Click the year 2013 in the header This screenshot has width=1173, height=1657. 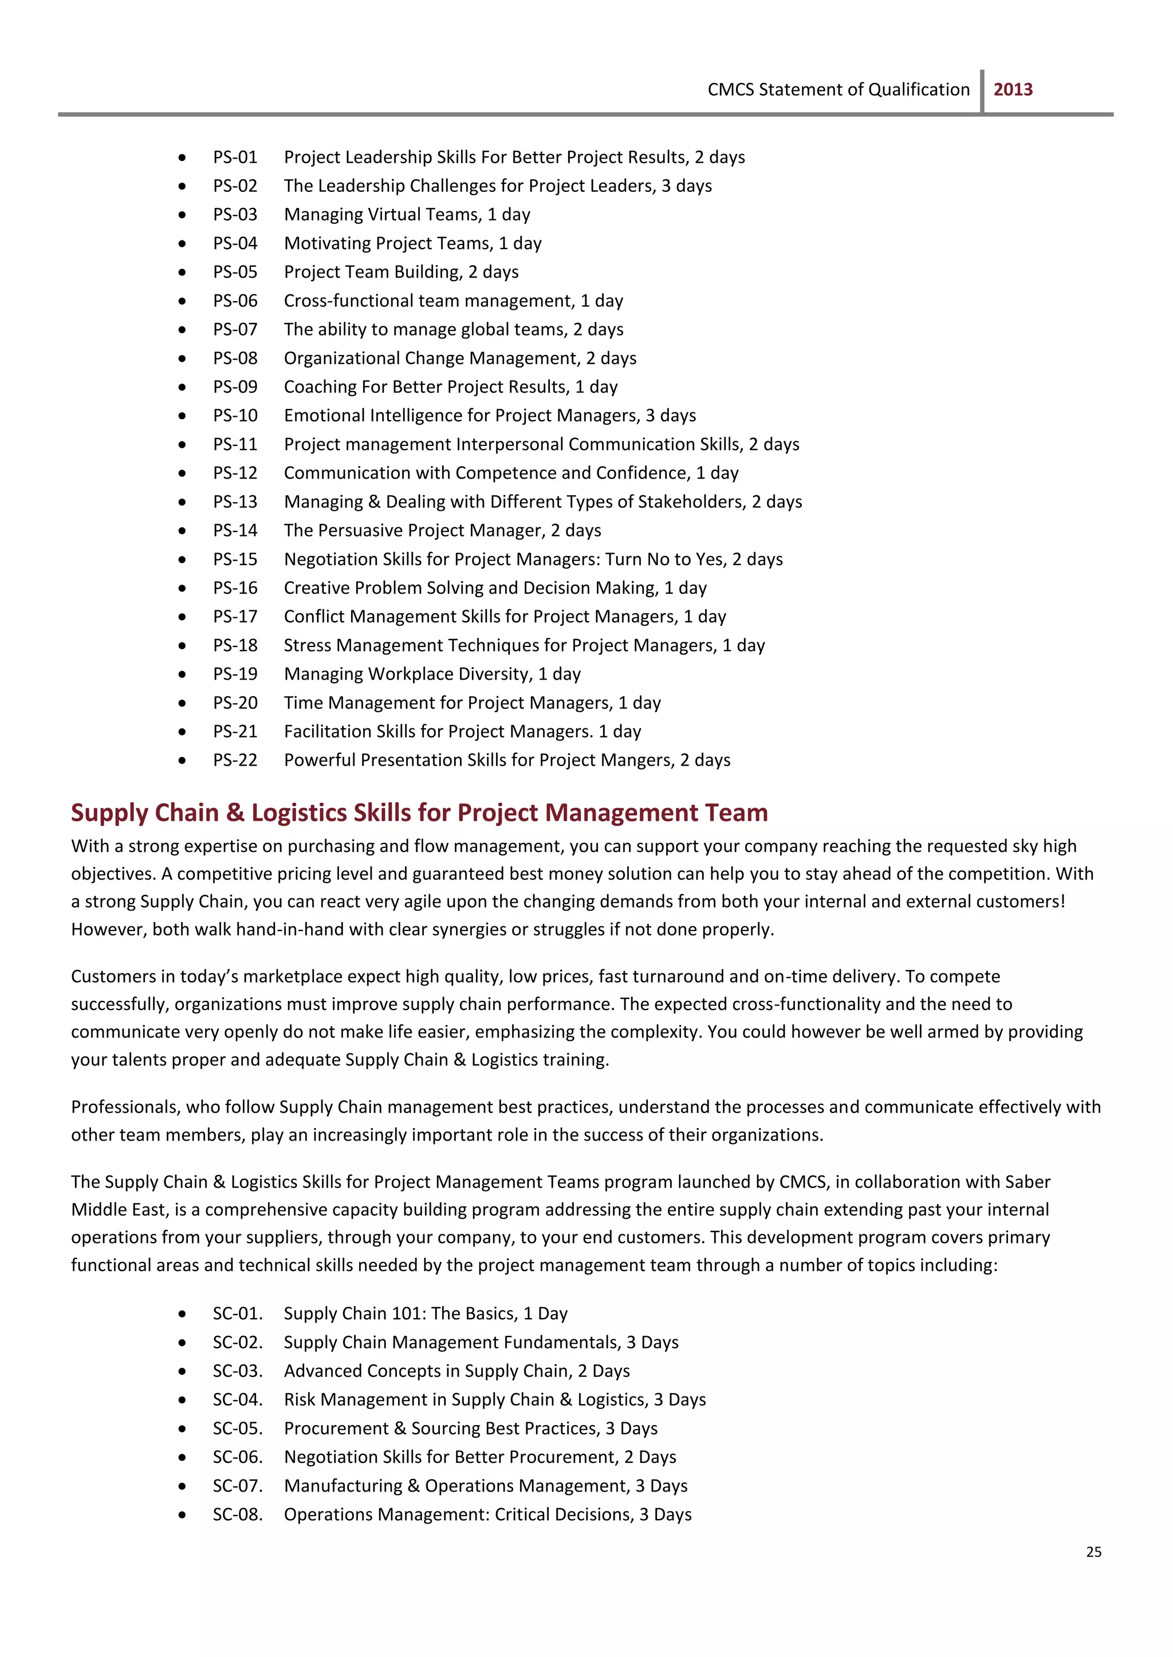tap(1013, 89)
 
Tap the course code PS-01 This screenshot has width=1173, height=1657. tap(235, 157)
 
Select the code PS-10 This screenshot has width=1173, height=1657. tap(235, 416)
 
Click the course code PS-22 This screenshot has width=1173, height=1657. tap(235, 760)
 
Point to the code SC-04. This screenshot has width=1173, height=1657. tap(237, 1399)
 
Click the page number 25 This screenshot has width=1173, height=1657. tap(1093, 1552)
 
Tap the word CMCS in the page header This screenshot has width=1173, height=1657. tap(730, 89)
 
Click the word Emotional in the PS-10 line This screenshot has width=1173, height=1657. tap(324, 416)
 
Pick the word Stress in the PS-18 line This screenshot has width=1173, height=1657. tap(307, 645)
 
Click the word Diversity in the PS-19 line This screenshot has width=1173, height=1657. tap(499, 674)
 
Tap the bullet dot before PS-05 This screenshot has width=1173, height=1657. tap(182, 273)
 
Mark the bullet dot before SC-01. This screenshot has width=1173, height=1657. tap(182, 1314)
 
